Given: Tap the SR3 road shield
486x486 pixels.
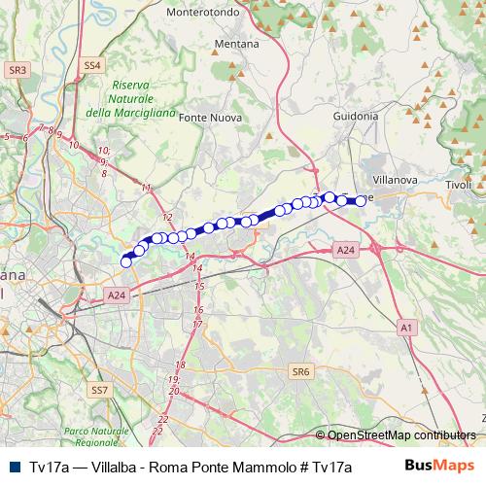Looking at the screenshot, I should pyautogui.click(x=17, y=70).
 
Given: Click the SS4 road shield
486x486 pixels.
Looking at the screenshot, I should pyautogui.click(x=91, y=65).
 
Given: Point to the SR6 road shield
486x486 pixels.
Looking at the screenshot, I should pyautogui.click(x=300, y=371).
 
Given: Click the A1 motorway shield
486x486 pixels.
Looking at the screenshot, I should pyautogui.click(x=404, y=330).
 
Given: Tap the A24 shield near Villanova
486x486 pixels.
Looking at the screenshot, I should pyautogui.click(x=345, y=251).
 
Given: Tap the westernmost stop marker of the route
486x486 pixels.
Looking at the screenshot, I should pyautogui.click(x=125, y=260).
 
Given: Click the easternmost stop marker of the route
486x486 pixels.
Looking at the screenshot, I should pyautogui.click(x=362, y=200).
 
